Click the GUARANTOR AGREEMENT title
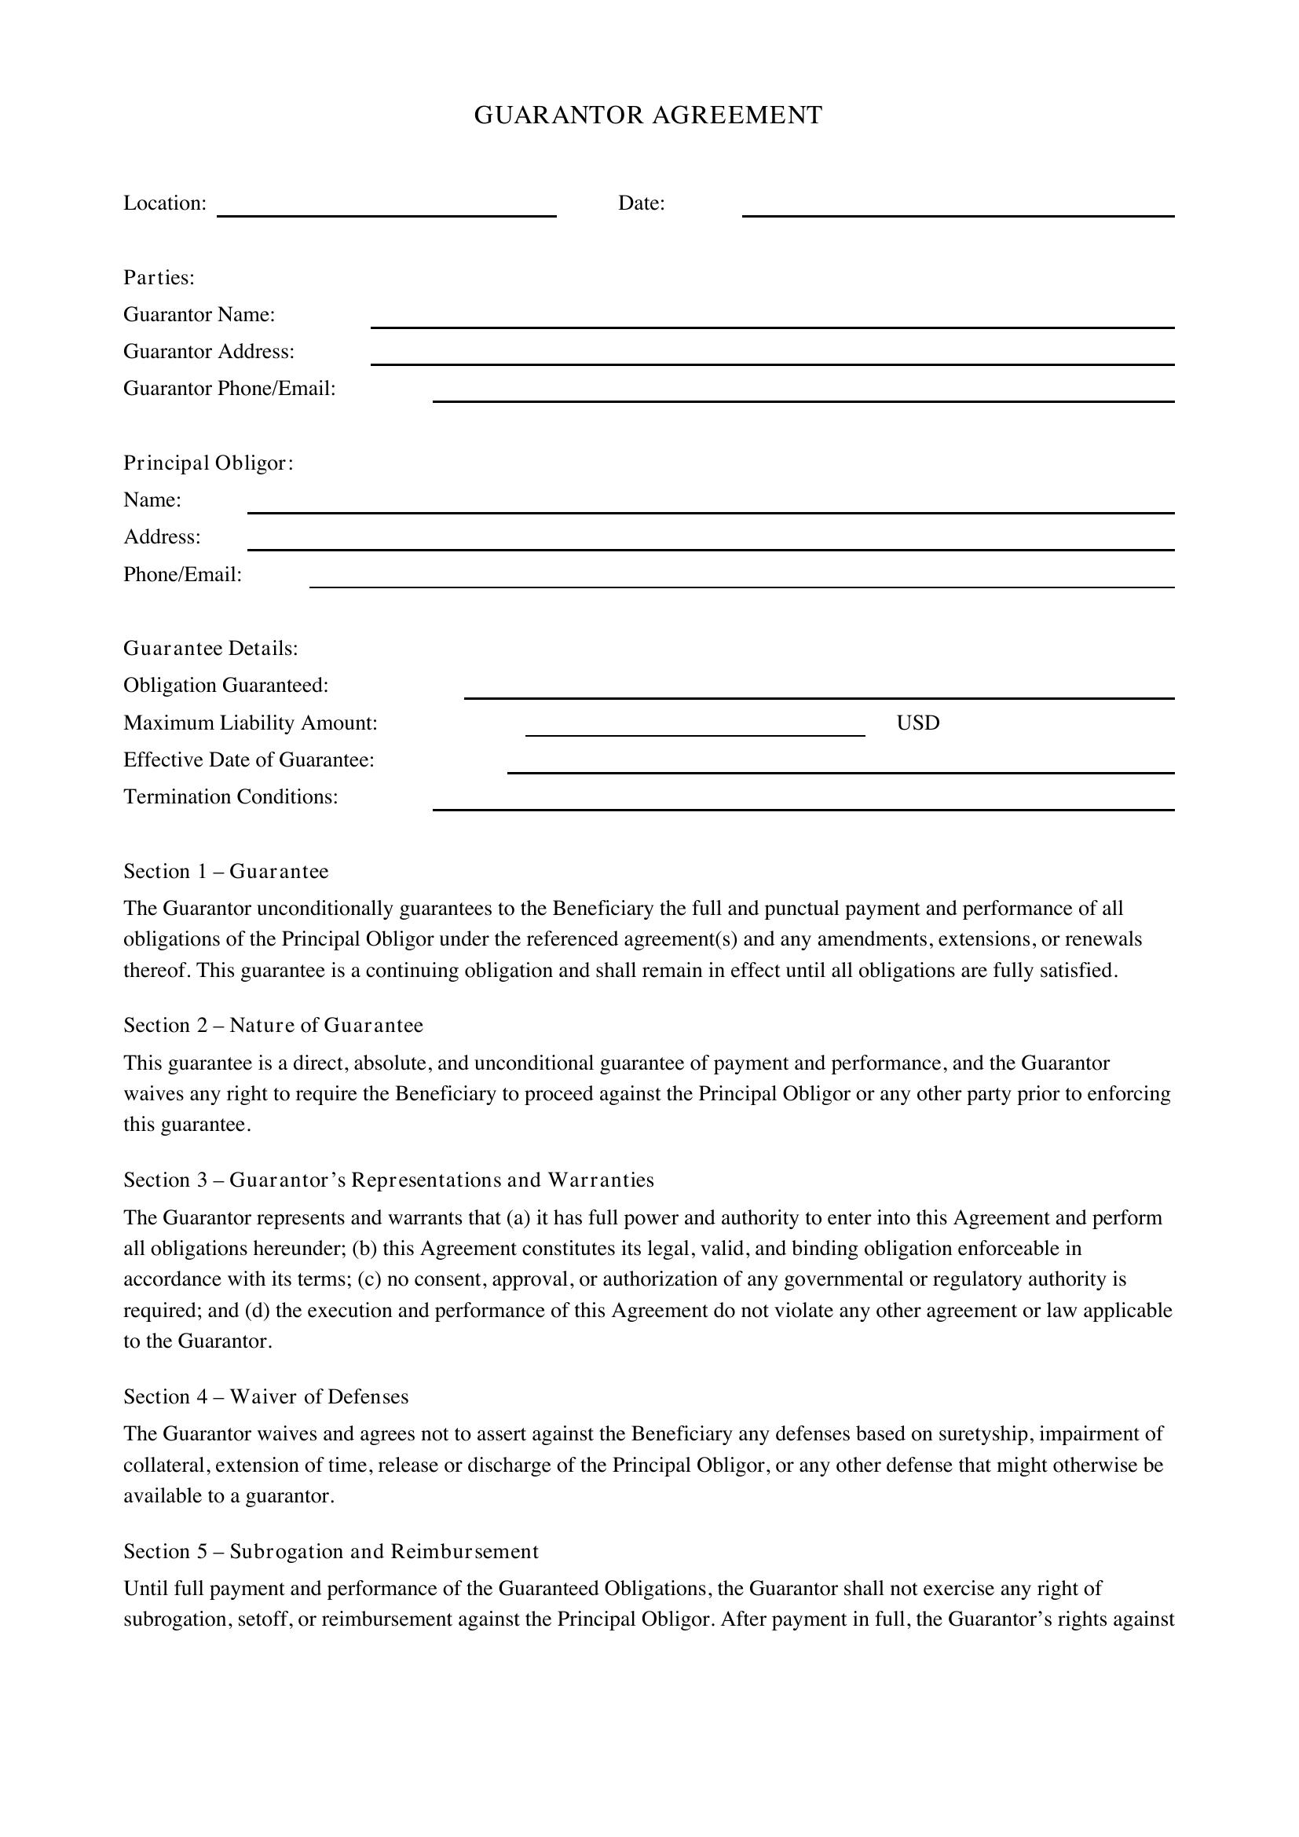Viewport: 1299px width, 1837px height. click(x=648, y=115)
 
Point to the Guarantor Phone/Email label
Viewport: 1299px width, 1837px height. click(x=229, y=389)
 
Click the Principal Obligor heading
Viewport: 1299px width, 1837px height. click(x=208, y=463)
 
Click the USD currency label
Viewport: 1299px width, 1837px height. click(x=917, y=723)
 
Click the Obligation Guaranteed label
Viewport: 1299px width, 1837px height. click(x=225, y=686)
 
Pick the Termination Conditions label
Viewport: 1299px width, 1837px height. click(x=230, y=797)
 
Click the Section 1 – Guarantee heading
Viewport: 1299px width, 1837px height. click(x=225, y=871)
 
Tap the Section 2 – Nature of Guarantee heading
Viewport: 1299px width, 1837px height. click(x=273, y=1026)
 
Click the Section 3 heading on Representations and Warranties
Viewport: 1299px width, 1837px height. click(x=388, y=1180)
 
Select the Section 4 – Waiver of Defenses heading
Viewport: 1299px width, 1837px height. click(x=265, y=1397)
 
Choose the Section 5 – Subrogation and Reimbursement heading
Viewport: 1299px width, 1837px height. click(x=331, y=1551)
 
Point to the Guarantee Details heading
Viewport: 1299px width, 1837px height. click(x=210, y=648)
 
